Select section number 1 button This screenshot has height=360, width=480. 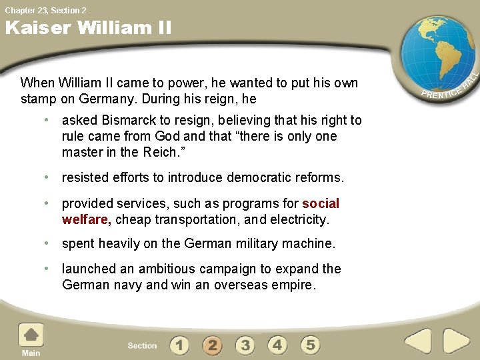179,345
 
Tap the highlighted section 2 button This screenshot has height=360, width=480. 212,345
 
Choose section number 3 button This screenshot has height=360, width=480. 245,345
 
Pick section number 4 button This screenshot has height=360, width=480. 277,345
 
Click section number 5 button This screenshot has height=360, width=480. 310,345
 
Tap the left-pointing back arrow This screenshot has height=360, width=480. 418,341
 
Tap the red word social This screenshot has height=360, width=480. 321,203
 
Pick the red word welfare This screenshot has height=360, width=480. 86,219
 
